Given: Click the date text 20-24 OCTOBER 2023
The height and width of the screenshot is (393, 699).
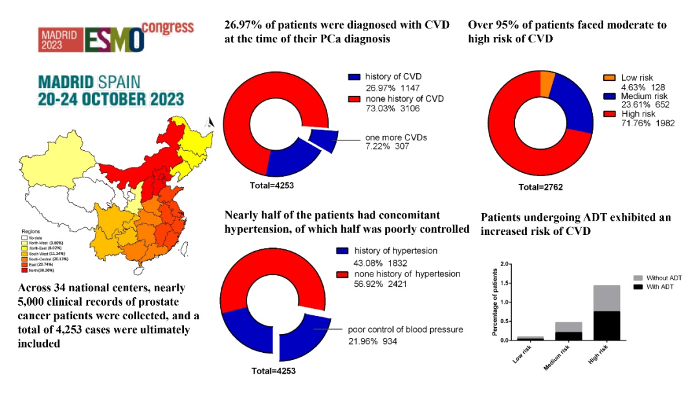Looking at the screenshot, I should click(x=111, y=99).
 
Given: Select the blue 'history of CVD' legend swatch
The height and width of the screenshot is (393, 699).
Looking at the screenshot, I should click(x=353, y=76).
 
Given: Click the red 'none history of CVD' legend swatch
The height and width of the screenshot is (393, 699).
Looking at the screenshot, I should click(x=353, y=99).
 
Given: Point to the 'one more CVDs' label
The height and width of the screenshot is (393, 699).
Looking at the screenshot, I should click(x=395, y=137).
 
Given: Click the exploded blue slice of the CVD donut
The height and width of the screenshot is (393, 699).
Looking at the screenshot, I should click(x=322, y=140).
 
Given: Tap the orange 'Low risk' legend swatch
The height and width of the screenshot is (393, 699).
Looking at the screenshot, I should click(x=608, y=77).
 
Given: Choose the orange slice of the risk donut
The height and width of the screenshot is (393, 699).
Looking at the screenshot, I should click(x=548, y=83).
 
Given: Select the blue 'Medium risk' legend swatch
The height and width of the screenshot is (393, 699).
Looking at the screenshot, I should click(x=608, y=95).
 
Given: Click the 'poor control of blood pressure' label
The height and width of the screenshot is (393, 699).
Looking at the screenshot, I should click(x=406, y=329).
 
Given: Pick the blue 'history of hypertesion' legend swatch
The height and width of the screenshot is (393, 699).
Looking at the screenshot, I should click(x=342, y=251).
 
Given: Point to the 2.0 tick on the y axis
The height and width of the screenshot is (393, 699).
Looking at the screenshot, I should click(x=506, y=264).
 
